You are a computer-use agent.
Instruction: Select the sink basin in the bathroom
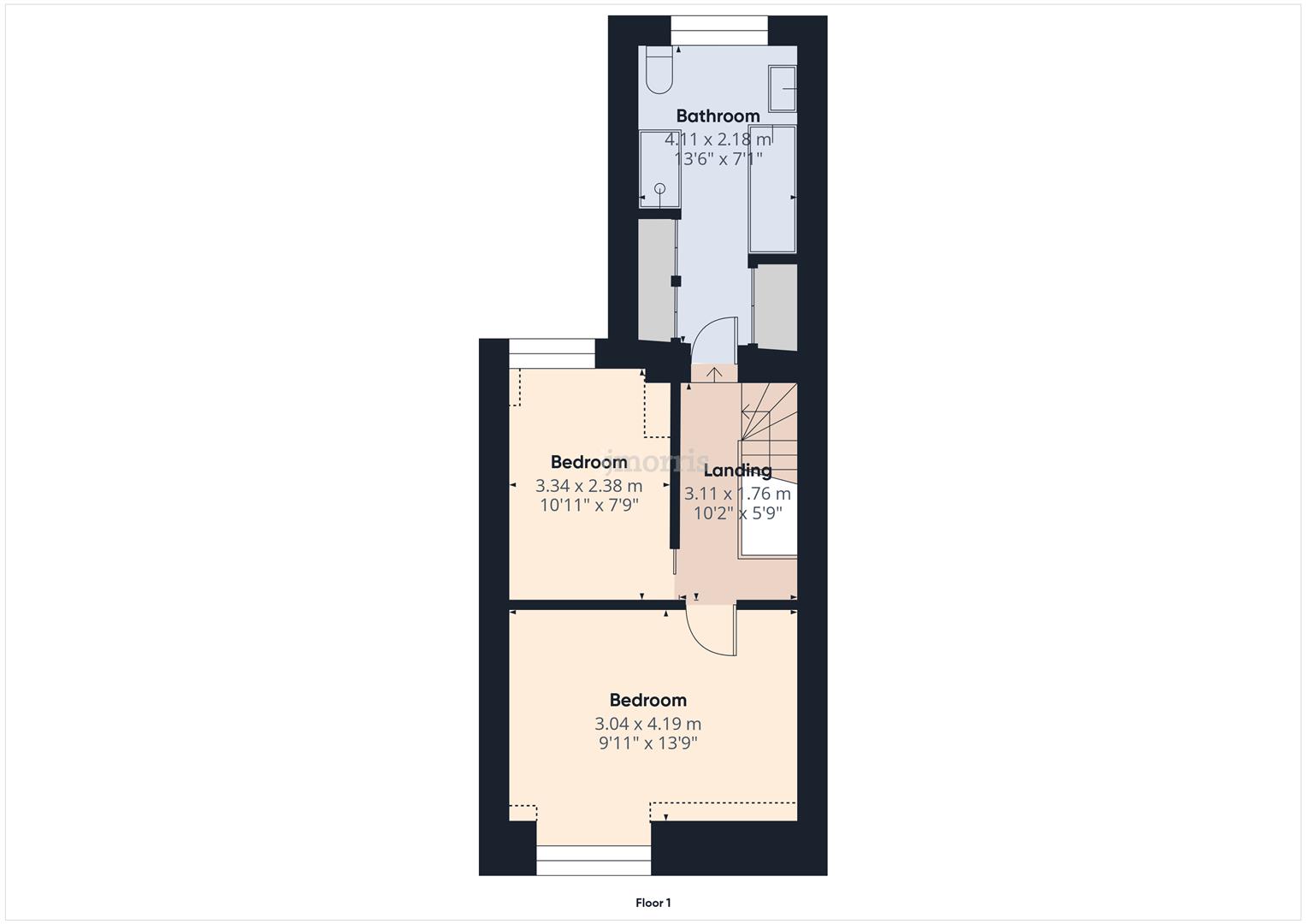pyautogui.click(x=782, y=88)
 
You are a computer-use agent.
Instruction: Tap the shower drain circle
pyautogui.click(x=659, y=188)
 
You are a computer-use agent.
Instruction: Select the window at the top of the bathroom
pyautogui.click(x=718, y=30)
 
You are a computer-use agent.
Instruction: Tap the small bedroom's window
pyautogui.click(x=552, y=353)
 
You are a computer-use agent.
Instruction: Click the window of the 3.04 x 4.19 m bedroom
pyautogui.click(x=594, y=860)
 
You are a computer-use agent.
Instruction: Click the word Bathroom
pyautogui.click(x=718, y=115)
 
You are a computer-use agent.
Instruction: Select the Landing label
pyautogui.click(x=737, y=471)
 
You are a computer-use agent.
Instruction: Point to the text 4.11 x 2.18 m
pyautogui.click(x=718, y=139)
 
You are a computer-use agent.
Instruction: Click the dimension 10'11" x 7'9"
pyautogui.click(x=589, y=505)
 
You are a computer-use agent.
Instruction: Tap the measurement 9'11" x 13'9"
pyautogui.click(x=648, y=743)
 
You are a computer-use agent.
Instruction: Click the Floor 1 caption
pyautogui.click(x=653, y=903)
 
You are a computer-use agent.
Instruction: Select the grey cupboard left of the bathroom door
pyautogui.click(x=657, y=278)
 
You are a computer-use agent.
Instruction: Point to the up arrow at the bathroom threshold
pyautogui.click(x=714, y=374)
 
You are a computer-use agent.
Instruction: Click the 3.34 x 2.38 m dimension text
pyautogui.click(x=589, y=485)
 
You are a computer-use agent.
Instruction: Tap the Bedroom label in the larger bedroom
pyautogui.click(x=648, y=700)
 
